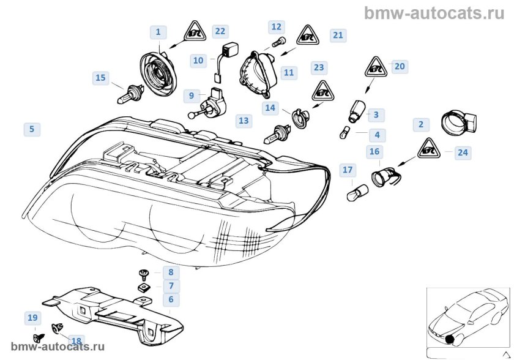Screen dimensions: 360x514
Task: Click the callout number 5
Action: (x=31, y=129)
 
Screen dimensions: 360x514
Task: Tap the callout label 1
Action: (x=158, y=31)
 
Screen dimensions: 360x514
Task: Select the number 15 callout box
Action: (x=100, y=78)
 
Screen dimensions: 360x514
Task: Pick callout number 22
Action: (x=220, y=31)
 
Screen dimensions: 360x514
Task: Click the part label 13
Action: (x=244, y=121)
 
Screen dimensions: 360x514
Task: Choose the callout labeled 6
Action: (x=171, y=299)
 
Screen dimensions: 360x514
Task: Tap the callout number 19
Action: (x=32, y=317)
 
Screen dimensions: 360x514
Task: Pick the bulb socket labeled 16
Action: (x=383, y=177)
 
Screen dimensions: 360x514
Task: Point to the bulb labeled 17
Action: (x=353, y=195)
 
